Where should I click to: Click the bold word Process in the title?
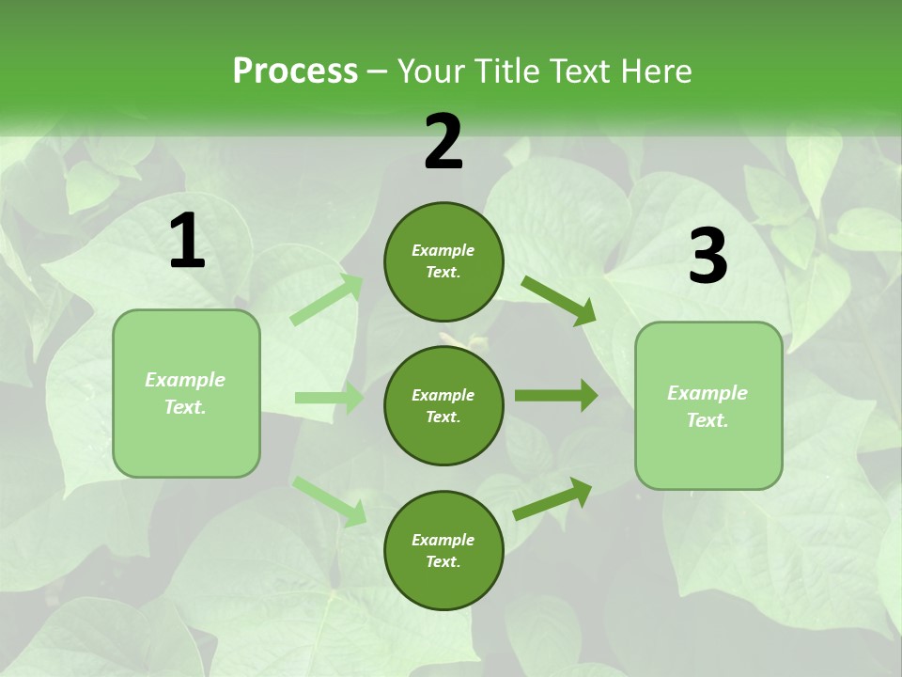[x=295, y=71]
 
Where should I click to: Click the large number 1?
[x=187, y=242]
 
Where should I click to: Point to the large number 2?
[x=443, y=142]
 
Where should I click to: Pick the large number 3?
[x=708, y=257]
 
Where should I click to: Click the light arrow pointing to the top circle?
[x=327, y=300]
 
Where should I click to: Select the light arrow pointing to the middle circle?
[x=329, y=398]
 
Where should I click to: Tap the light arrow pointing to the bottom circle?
[x=329, y=500]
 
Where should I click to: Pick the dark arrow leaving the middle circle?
[x=555, y=396]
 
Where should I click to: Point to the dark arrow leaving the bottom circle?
[x=552, y=498]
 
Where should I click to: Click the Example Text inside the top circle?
[x=443, y=261]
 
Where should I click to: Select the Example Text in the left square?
[x=185, y=393]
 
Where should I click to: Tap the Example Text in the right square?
[x=708, y=406]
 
